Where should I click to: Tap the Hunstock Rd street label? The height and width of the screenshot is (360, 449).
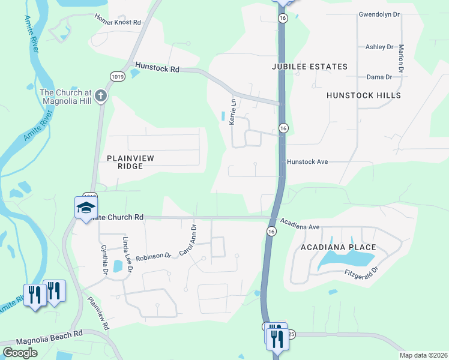point(157,68)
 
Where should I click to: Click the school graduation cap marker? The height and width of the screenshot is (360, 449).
point(86,208)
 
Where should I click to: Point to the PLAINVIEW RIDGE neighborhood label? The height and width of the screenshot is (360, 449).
point(130,162)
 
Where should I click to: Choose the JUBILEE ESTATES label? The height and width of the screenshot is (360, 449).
point(309,67)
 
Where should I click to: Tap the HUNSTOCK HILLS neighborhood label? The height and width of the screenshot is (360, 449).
point(363,95)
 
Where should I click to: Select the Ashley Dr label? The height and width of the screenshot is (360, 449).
point(379,47)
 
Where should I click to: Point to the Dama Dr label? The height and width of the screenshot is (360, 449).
point(379,77)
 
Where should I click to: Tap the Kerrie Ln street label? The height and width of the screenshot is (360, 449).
point(232,112)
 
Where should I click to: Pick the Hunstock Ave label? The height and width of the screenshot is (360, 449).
point(307,162)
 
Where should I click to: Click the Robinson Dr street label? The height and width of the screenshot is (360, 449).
point(153,257)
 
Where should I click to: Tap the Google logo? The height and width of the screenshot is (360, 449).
point(20,352)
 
